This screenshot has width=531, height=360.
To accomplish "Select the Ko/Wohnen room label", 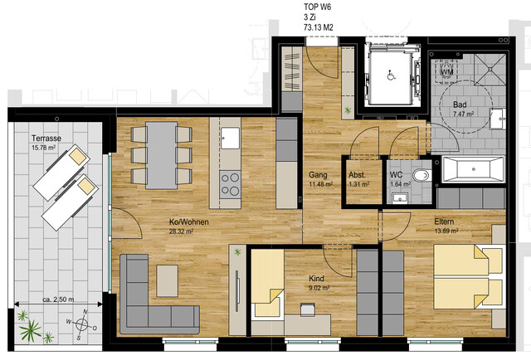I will [188, 222].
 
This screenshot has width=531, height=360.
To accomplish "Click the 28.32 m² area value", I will [182, 232].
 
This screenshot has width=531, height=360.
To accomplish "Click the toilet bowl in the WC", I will [421, 176].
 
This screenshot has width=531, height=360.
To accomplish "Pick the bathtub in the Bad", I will [473, 171].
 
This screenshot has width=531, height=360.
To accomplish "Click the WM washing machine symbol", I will [446, 73].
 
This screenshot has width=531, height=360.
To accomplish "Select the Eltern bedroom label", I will [445, 222].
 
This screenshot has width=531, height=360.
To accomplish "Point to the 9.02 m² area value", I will [319, 289].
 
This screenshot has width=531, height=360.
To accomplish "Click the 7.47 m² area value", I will [463, 114].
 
